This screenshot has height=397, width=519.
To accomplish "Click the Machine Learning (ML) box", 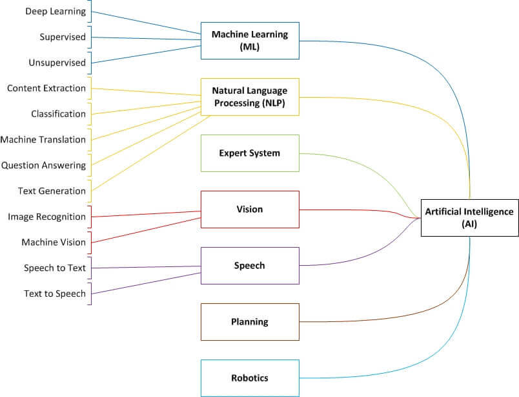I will tap(250, 41).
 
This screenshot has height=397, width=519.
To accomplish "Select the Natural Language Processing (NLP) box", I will tap(250, 97).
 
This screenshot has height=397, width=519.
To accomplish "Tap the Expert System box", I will tap(250, 153).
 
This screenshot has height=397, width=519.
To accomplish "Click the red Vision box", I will tap(250, 209).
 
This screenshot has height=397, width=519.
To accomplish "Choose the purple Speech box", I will tap(250, 266).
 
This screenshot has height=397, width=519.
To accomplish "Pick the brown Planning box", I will tap(250, 321).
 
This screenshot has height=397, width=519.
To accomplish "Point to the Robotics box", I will tap(250, 378).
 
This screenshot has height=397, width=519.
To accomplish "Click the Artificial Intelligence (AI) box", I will tap(469, 217).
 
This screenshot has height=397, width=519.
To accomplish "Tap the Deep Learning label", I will tap(56, 11).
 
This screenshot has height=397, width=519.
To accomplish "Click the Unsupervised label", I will tap(57, 63).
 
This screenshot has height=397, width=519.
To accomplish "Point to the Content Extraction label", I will tap(46, 88).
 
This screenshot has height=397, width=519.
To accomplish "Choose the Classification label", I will tap(58, 114).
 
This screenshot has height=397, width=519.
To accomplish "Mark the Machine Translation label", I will tap(43, 140).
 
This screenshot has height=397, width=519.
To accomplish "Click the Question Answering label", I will tap(43, 165).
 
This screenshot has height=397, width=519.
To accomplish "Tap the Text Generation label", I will tap(52, 191).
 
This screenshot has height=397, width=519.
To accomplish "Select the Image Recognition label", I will tap(46, 217).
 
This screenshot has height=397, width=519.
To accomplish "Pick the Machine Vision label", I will tap(53, 242).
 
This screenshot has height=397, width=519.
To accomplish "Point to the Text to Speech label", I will tap(54, 294).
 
